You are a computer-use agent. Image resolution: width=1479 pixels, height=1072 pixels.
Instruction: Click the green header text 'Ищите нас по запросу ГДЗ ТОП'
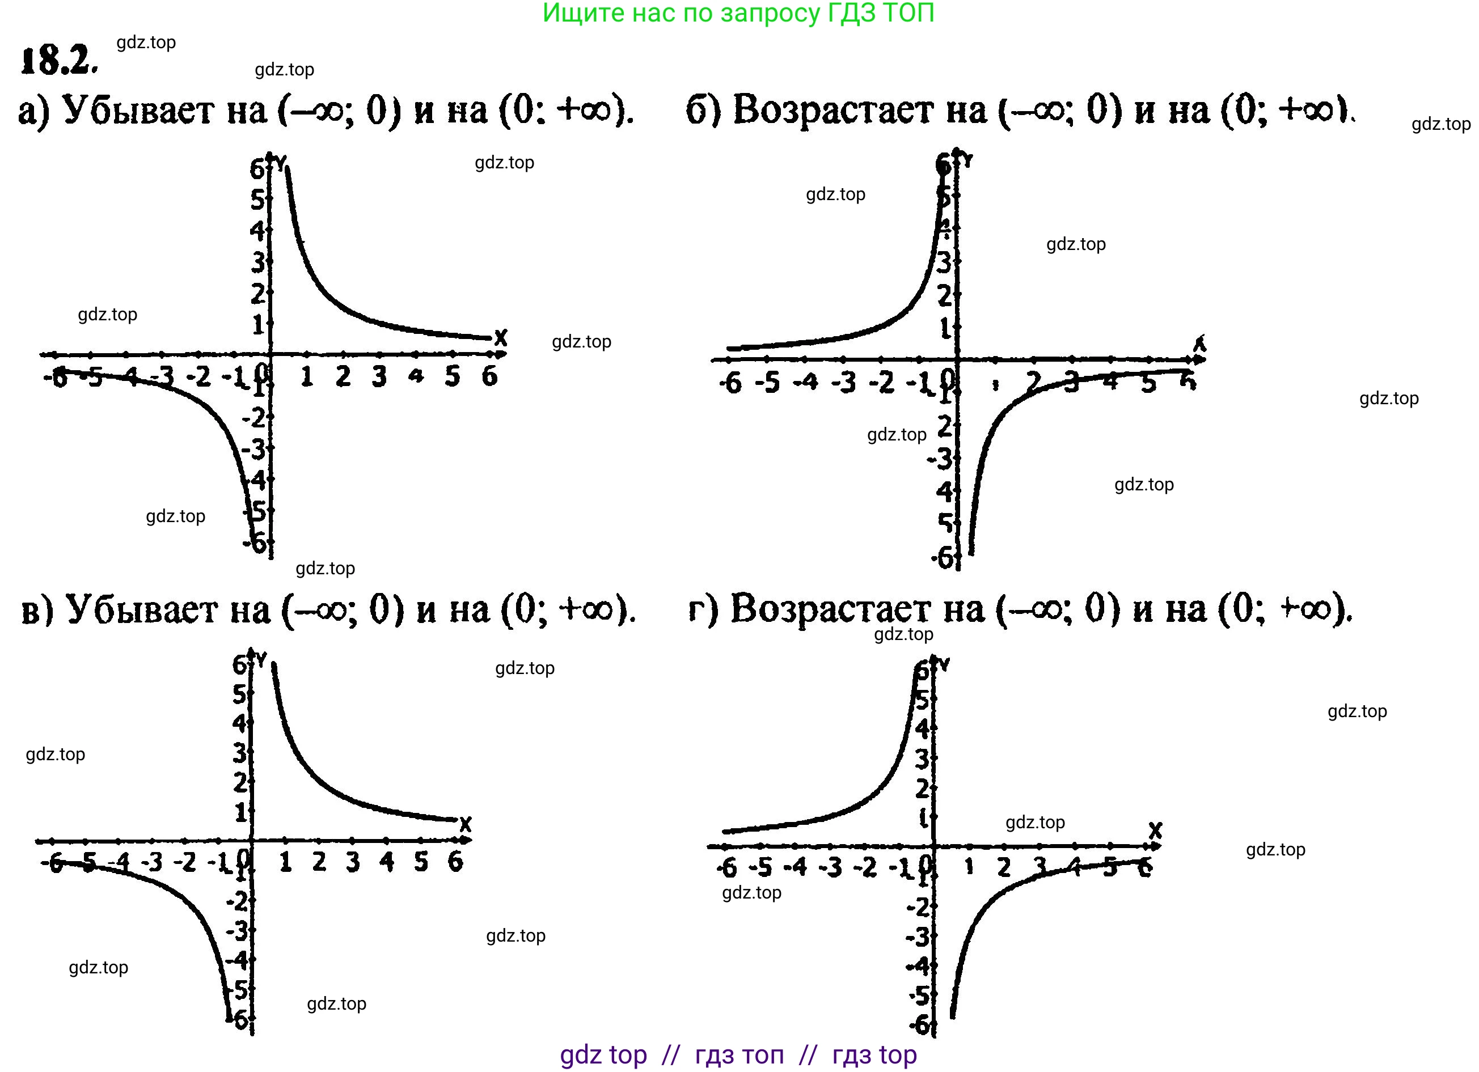tap(738, 13)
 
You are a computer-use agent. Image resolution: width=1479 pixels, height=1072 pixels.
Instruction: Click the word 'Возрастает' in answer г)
tap(857, 609)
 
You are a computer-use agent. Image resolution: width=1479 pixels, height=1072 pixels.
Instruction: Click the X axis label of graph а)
tap(500, 338)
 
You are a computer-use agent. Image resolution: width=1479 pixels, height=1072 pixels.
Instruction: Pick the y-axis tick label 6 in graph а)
tap(257, 170)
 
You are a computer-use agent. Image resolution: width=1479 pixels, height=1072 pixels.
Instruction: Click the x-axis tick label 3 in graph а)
tap(379, 376)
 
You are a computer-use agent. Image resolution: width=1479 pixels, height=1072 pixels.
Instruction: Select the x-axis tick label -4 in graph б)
tap(806, 382)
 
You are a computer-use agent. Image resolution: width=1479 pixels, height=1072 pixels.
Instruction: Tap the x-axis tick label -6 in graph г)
tap(726, 867)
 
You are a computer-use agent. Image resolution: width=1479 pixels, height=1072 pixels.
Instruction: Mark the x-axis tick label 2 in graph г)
tap(1004, 867)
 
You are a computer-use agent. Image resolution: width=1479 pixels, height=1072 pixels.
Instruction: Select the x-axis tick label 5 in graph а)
tap(453, 376)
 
